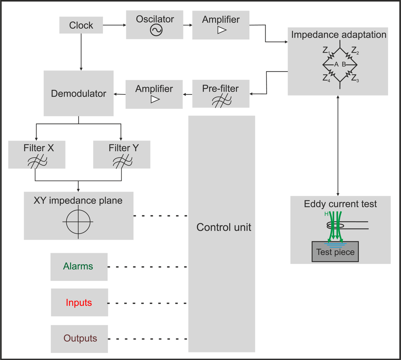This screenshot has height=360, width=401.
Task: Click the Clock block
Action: tap(81, 26)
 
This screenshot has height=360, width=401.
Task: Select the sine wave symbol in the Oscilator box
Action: tap(156, 31)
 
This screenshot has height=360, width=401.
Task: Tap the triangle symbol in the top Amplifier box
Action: tap(222, 31)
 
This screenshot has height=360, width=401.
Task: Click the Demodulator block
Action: tap(78, 94)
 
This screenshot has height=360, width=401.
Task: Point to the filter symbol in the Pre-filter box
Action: tap(221, 101)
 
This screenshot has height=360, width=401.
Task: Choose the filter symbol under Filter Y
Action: tap(121, 162)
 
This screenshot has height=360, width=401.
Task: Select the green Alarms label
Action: tap(78, 266)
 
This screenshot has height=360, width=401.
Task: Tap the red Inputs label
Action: tap(79, 303)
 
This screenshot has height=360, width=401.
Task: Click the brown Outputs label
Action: tap(80, 338)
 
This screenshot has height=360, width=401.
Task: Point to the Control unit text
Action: tap(224, 227)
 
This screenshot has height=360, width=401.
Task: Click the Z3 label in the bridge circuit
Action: tap(355, 78)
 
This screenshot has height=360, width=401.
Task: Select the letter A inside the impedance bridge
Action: tap(336, 64)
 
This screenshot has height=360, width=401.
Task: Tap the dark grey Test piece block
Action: tap(335, 252)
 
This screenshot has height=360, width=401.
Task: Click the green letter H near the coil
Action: tap(326, 214)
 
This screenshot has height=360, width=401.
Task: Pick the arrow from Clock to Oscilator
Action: tap(114, 25)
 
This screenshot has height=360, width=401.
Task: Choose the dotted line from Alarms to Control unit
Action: tap(148, 267)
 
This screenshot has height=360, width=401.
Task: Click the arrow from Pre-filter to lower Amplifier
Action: tap(188, 94)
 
